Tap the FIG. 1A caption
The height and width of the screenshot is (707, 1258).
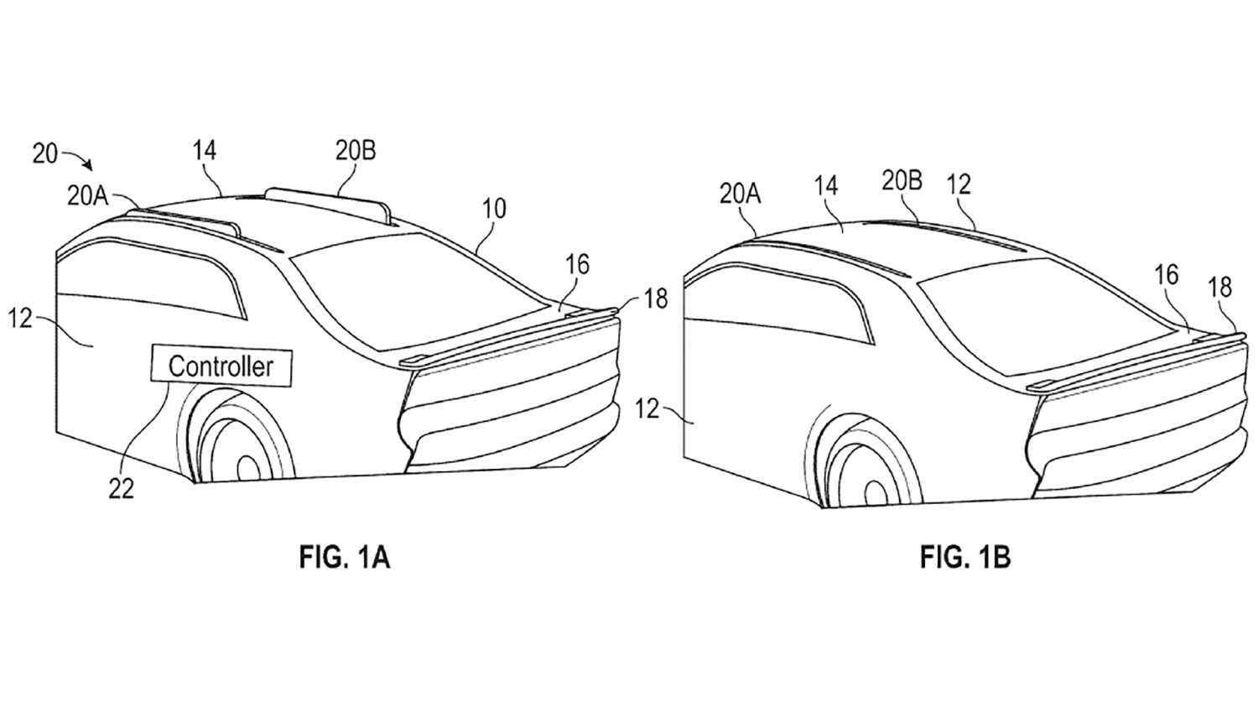click(344, 559)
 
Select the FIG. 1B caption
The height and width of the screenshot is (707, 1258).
click(965, 559)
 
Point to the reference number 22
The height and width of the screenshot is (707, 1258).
click(122, 490)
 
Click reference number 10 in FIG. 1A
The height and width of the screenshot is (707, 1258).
click(494, 208)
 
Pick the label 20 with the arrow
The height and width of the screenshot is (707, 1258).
click(45, 153)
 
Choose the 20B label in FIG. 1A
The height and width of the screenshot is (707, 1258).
click(356, 150)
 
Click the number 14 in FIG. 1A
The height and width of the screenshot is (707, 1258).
click(205, 150)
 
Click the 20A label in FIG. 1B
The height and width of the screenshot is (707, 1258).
click(741, 195)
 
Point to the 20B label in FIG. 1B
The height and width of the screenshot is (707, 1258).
click(902, 181)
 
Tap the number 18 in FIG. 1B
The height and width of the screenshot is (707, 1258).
click(1219, 287)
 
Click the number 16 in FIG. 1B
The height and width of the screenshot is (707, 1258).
click(1167, 276)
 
